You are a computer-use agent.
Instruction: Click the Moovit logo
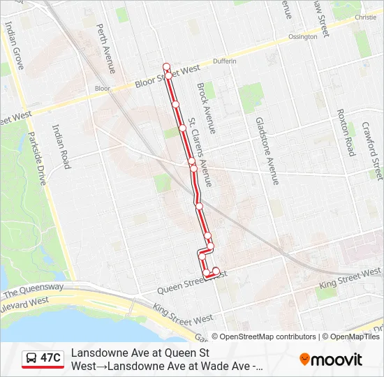click(x=331, y=360)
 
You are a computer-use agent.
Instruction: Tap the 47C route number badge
click(x=43, y=359)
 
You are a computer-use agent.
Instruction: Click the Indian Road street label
click(x=61, y=146)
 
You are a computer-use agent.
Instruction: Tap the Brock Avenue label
click(x=207, y=108)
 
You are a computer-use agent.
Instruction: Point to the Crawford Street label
click(x=373, y=149)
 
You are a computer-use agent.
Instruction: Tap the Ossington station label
click(x=302, y=36)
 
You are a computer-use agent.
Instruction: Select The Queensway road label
click(x=34, y=290)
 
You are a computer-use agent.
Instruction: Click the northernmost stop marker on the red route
click(x=167, y=66)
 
